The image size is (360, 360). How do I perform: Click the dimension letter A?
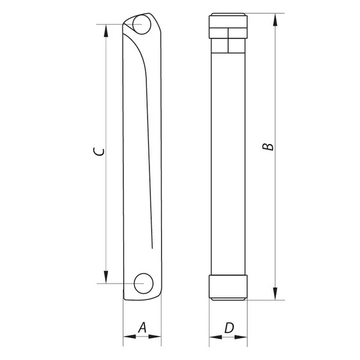click(142, 328)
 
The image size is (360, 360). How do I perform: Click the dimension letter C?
click(99, 152)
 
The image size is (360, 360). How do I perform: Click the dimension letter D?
click(229, 328)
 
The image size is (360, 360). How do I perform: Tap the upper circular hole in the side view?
click(142, 24)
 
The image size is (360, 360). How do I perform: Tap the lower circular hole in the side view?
click(143, 284)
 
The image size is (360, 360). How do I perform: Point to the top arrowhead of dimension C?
click(106, 31)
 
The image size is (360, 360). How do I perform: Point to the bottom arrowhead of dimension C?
click(106, 277)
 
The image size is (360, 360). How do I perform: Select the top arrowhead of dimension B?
click(275, 20)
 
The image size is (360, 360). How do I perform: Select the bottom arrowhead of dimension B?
click(275, 293)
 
